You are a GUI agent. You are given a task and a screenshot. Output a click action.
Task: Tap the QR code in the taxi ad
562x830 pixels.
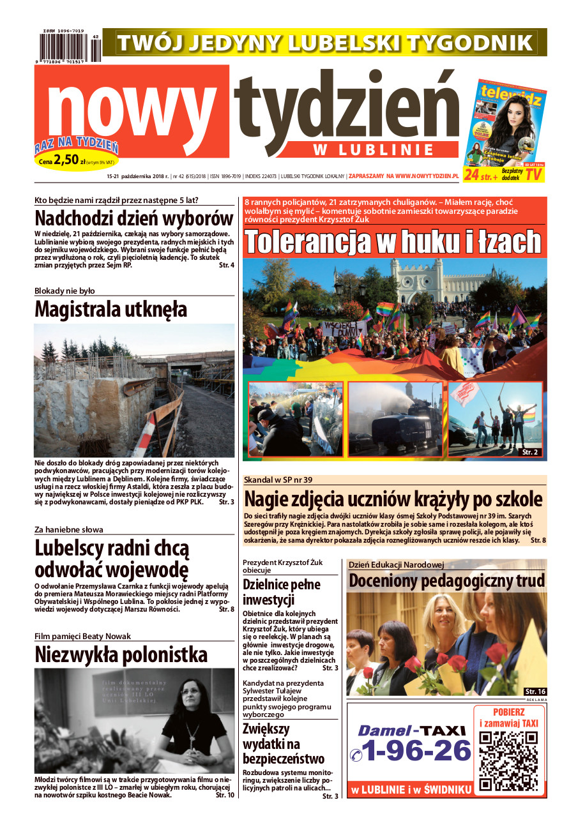(508, 761)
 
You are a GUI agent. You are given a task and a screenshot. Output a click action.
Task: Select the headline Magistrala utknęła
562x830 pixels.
(110, 310)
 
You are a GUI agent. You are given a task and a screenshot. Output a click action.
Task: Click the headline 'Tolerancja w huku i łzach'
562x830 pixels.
(393, 241)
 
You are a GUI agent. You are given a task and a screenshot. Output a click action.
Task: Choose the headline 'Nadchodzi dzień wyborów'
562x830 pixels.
(134, 218)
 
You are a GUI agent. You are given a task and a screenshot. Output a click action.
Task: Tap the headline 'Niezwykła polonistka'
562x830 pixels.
(121, 654)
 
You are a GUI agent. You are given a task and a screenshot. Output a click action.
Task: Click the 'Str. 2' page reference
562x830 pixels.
(530, 452)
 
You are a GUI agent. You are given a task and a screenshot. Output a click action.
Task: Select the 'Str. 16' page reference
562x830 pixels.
(535, 691)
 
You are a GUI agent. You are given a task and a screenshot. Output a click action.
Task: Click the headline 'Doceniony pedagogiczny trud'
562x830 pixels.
(446, 581)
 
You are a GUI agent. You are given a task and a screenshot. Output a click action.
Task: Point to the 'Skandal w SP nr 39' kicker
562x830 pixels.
(278, 479)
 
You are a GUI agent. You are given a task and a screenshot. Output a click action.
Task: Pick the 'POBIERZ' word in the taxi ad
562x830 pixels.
(509, 712)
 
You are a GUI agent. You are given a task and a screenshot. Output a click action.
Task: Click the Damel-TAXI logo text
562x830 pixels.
(406, 730)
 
